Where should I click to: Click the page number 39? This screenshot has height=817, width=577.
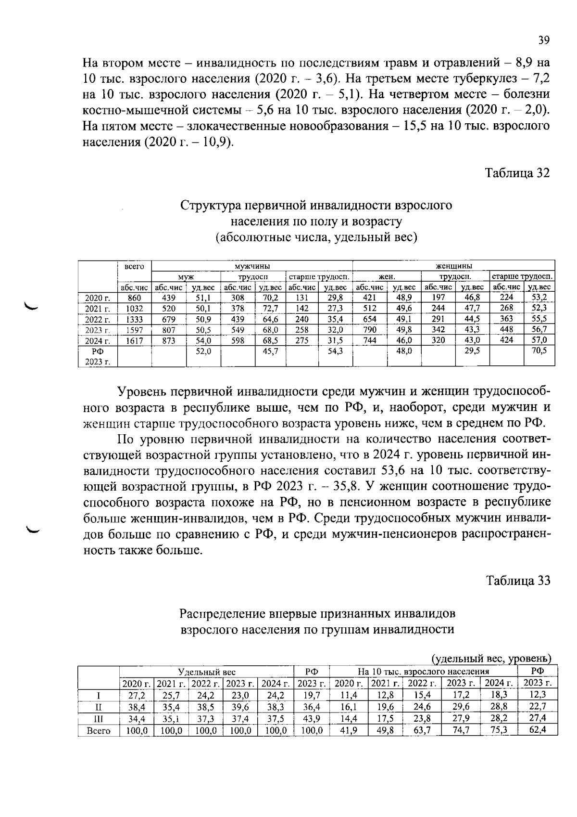(x=543, y=40)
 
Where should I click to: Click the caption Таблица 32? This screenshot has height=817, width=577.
(x=517, y=173)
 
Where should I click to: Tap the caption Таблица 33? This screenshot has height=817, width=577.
(x=517, y=581)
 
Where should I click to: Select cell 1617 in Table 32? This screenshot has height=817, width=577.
(x=134, y=340)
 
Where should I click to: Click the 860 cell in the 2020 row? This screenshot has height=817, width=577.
(x=134, y=298)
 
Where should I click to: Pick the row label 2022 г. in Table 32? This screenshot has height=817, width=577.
(x=98, y=319)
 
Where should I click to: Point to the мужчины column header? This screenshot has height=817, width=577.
(x=251, y=266)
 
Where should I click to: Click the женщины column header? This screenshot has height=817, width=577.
(x=453, y=266)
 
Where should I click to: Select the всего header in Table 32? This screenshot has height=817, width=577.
(x=134, y=266)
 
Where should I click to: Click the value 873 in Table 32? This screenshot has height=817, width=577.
(x=168, y=340)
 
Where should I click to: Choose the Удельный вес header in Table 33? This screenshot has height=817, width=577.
(x=206, y=672)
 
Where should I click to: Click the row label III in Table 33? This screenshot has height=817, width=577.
(x=98, y=719)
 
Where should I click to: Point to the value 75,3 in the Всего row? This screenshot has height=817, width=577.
(x=498, y=731)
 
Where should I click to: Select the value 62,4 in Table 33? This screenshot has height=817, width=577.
(x=538, y=731)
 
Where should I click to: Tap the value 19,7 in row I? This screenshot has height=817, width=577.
(x=312, y=696)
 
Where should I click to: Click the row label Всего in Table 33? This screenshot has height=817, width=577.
(x=98, y=731)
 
